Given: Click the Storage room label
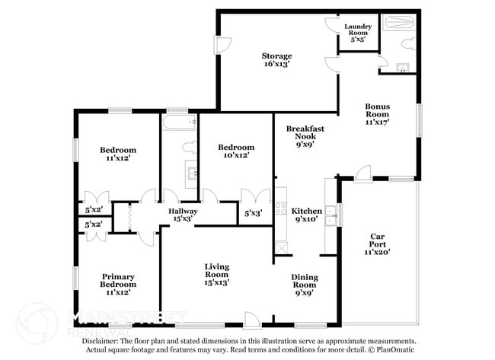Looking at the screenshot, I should pyautogui.click(x=276, y=56).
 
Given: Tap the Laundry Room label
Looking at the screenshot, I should pyautogui.click(x=357, y=30).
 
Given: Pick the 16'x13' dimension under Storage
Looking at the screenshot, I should pyautogui.click(x=276, y=65).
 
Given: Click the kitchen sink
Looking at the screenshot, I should pyautogui.click(x=331, y=215).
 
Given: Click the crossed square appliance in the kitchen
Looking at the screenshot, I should pyautogui.click(x=282, y=247).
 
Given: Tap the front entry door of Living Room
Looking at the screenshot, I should pyautogui.click(x=251, y=320).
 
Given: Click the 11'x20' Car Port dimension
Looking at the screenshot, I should pyautogui.click(x=377, y=250).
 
